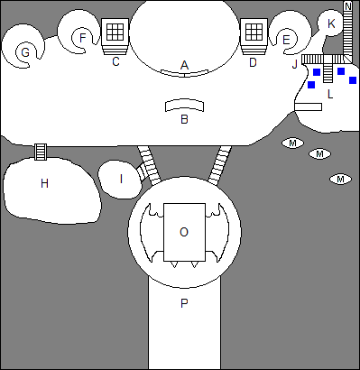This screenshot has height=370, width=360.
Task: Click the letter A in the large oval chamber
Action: click(184, 65)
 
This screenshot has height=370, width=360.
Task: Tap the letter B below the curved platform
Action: click(184, 119)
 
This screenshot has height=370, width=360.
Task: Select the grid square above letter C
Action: click(115, 32)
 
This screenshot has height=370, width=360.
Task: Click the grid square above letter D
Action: click(254, 32)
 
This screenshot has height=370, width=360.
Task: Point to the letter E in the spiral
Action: click(286, 40)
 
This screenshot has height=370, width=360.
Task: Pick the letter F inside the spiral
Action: click(83, 38)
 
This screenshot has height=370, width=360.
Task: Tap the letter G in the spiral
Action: click(25, 52)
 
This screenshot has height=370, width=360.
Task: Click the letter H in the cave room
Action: click(44, 183)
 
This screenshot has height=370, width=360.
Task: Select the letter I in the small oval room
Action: click(121, 179)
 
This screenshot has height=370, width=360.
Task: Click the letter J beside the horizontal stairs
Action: click(295, 64)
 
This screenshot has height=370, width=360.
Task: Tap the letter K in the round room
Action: click(331, 23)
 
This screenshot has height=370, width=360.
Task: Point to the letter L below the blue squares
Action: click(330, 95)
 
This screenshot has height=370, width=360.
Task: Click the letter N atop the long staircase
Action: click(347, 6)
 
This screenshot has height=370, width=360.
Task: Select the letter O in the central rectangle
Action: click(184, 232)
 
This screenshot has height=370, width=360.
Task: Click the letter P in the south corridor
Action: click(184, 303)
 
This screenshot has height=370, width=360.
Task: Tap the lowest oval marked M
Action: click(340, 180)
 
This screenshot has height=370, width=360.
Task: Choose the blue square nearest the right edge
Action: click(353, 80)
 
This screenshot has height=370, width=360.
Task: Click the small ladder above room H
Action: click(41, 152)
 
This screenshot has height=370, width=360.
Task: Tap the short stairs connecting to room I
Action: click(141, 171)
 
